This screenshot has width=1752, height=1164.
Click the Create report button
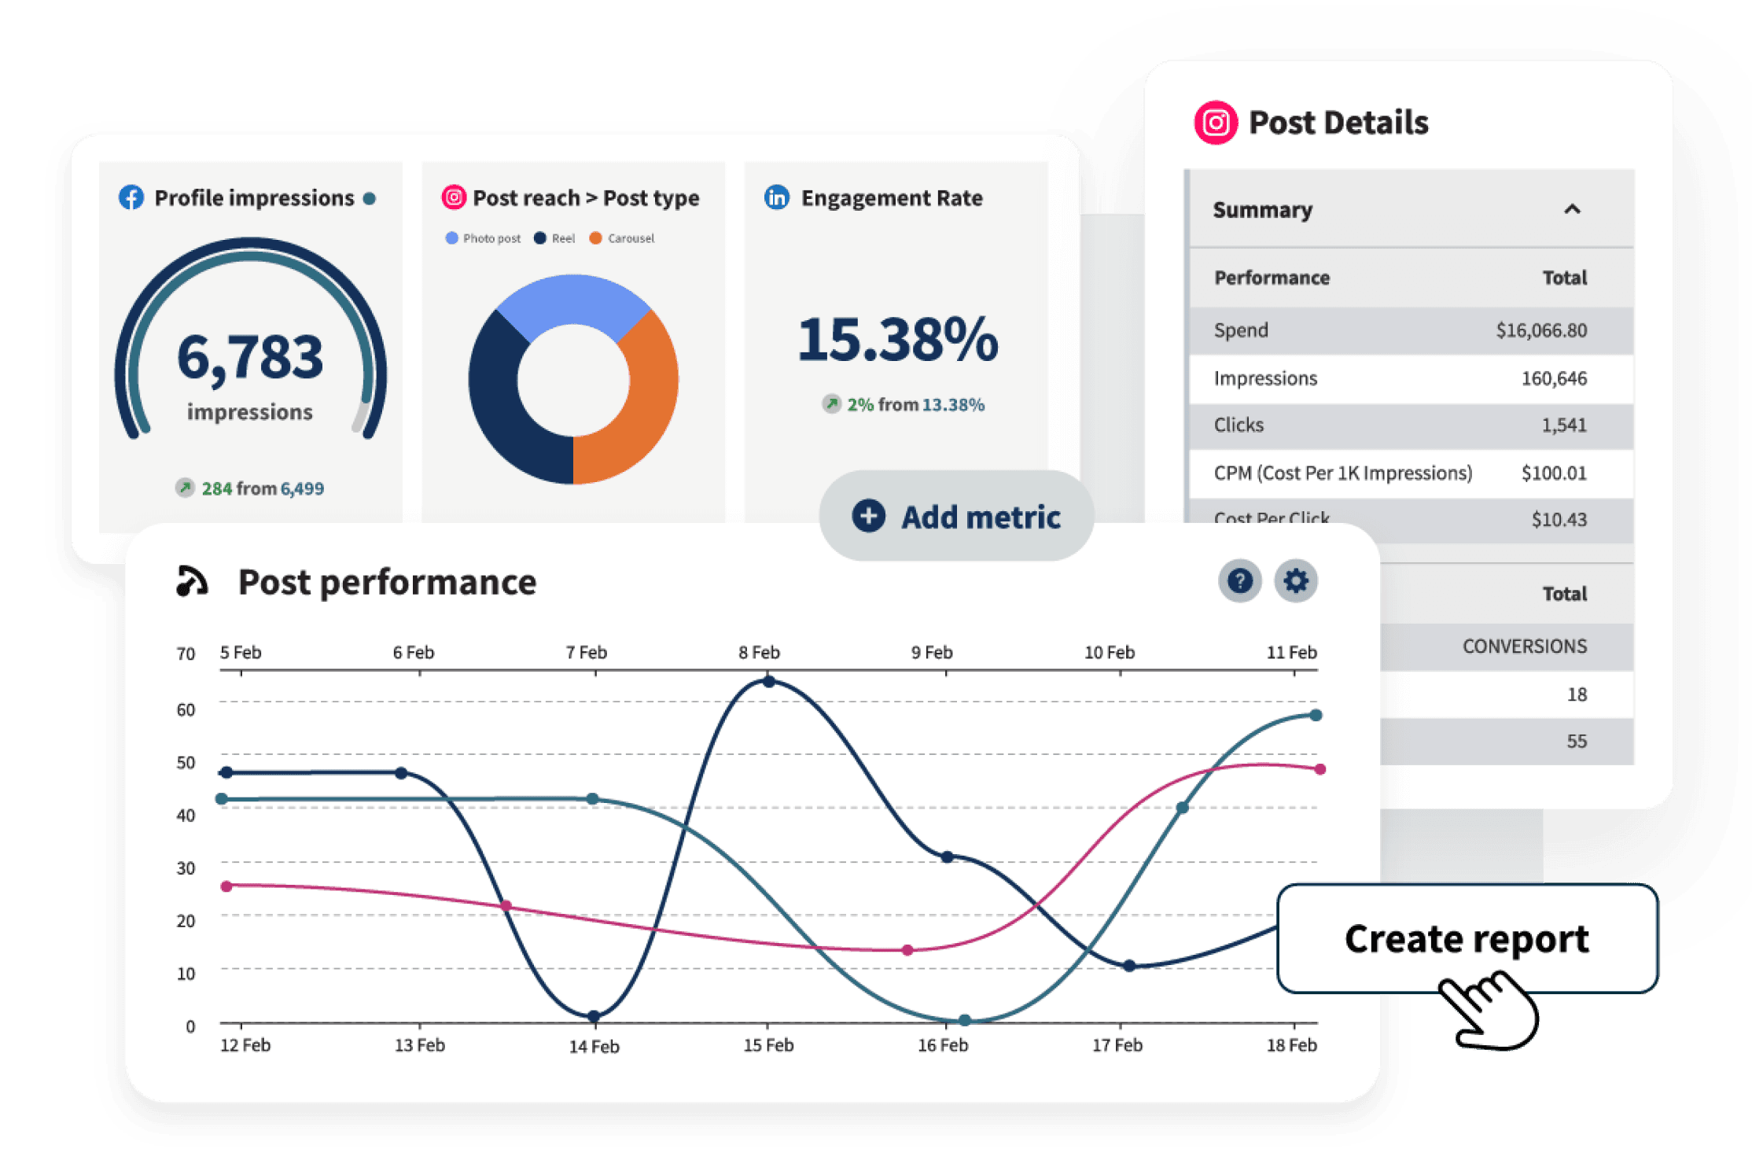[x=1467, y=939]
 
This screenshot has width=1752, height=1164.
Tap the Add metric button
[x=956, y=517]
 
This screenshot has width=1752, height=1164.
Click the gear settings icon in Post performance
[x=1295, y=581]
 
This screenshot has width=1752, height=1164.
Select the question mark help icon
[x=1239, y=581]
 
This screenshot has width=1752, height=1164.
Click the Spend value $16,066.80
[x=1540, y=330]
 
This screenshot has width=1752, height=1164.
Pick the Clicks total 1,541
[x=1563, y=425]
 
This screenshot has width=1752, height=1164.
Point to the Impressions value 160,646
[x=1553, y=378]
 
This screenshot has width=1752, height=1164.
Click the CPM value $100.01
[x=1553, y=473]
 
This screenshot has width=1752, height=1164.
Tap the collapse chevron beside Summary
[x=1572, y=209]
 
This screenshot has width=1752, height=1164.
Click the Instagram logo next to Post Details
[x=1216, y=123]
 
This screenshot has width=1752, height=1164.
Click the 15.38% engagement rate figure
[x=897, y=341]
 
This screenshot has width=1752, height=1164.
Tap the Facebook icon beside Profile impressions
[x=131, y=197]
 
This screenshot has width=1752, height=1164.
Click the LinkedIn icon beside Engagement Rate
[x=777, y=197]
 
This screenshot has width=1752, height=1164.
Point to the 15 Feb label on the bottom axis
[x=768, y=1045]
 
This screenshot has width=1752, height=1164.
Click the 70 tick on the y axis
[x=186, y=654]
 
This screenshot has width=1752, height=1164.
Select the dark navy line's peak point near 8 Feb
[x=769, y=682]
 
